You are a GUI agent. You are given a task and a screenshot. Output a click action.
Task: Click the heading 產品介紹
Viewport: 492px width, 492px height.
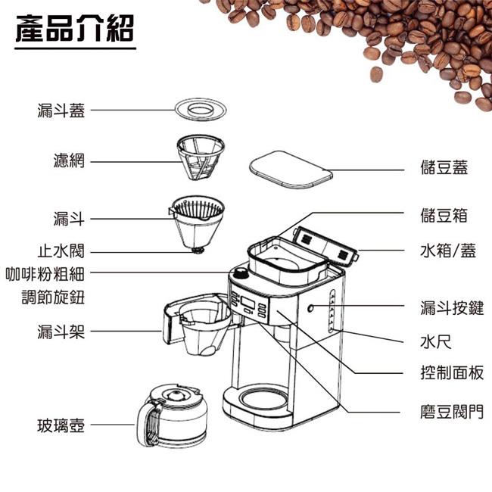(75, 29)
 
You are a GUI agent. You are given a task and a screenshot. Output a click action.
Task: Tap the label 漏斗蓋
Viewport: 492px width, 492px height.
(61, 111)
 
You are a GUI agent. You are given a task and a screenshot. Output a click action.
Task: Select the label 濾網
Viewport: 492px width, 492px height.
(69, 160)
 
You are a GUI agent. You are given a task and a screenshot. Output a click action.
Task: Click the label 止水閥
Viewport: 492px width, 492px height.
(61, 251)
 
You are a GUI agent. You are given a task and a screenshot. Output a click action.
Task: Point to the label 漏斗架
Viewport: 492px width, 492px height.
(61, 332)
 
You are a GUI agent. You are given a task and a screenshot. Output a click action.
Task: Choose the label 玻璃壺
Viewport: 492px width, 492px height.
(61, 426)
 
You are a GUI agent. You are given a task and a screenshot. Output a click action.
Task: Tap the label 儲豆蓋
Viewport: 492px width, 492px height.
(444, 167)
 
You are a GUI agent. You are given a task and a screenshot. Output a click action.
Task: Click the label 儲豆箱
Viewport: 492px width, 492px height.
(444, 216)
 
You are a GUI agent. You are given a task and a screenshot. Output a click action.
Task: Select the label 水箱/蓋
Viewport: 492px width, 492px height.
(448, 251)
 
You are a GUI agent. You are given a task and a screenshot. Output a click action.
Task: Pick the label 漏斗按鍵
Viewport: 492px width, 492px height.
(452, 308)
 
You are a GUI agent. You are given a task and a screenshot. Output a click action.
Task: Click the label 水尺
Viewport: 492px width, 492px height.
(436, 341)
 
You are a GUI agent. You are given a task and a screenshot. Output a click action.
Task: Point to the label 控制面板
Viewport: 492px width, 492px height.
(452, 372)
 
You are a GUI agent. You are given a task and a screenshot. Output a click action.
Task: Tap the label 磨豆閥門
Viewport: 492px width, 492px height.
(452, 411)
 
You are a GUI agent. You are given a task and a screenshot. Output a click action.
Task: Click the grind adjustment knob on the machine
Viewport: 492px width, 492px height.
(241, 272)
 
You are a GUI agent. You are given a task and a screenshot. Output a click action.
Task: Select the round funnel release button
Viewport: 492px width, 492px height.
(310, 308)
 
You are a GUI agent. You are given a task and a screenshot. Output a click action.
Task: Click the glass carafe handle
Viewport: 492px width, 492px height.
(145, 423)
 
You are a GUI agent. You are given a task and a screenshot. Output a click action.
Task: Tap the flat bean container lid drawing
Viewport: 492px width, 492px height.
(291, 170)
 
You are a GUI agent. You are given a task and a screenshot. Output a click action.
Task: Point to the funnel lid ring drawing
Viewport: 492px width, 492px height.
(201, 110)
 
